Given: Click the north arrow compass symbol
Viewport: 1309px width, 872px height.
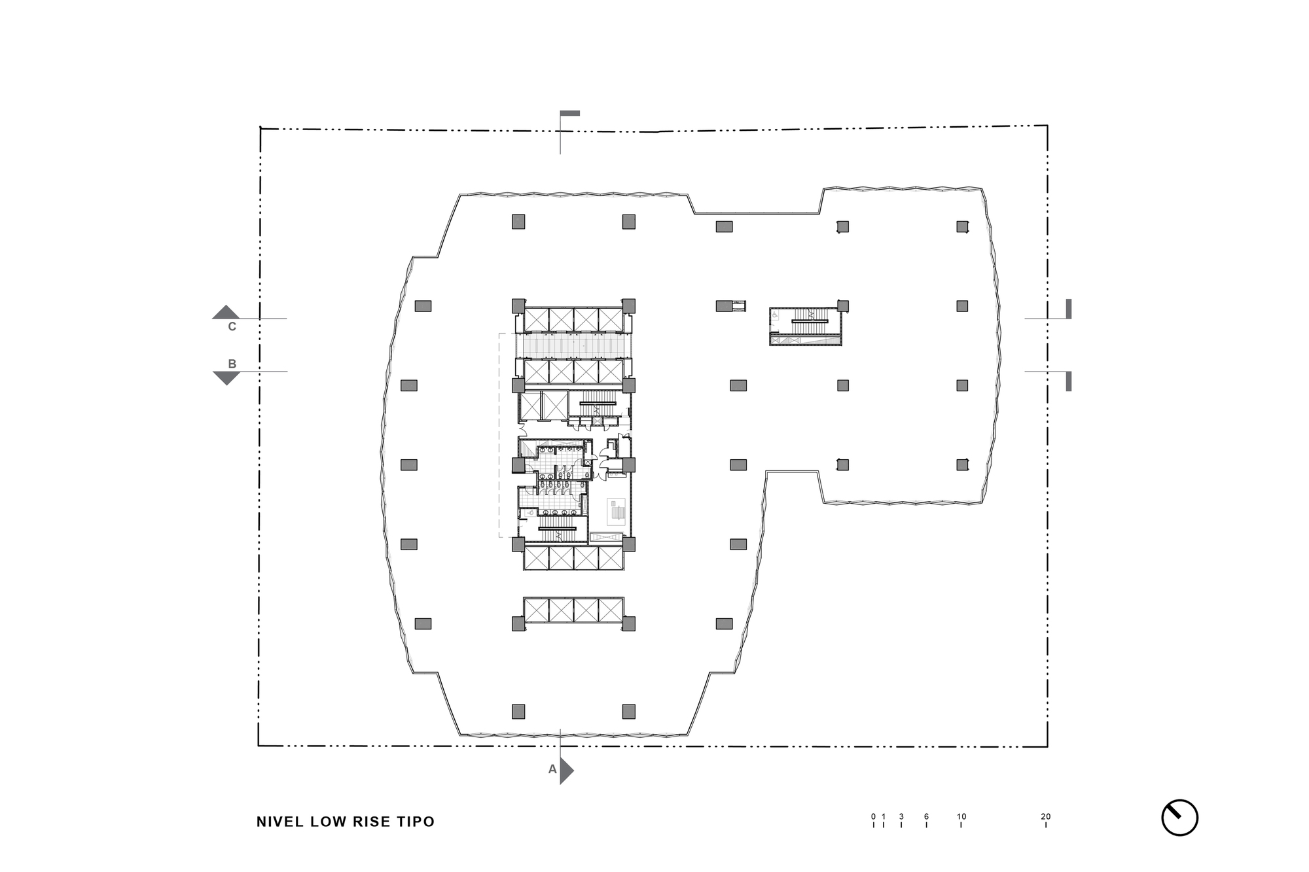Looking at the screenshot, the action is coord(1179,818).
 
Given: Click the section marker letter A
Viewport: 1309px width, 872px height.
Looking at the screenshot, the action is coord(552,770).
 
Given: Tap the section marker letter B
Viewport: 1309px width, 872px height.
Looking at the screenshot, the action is coord(232,364).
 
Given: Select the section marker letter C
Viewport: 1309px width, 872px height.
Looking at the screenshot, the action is coord(232,326).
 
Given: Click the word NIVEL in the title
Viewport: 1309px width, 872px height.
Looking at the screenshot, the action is coord(280,822).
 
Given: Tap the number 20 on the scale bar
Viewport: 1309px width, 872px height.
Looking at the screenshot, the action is coord(1045,816).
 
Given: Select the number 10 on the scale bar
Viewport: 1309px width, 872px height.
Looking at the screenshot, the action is coord(961,816).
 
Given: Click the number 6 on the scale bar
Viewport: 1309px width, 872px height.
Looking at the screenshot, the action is coord(926,816).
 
